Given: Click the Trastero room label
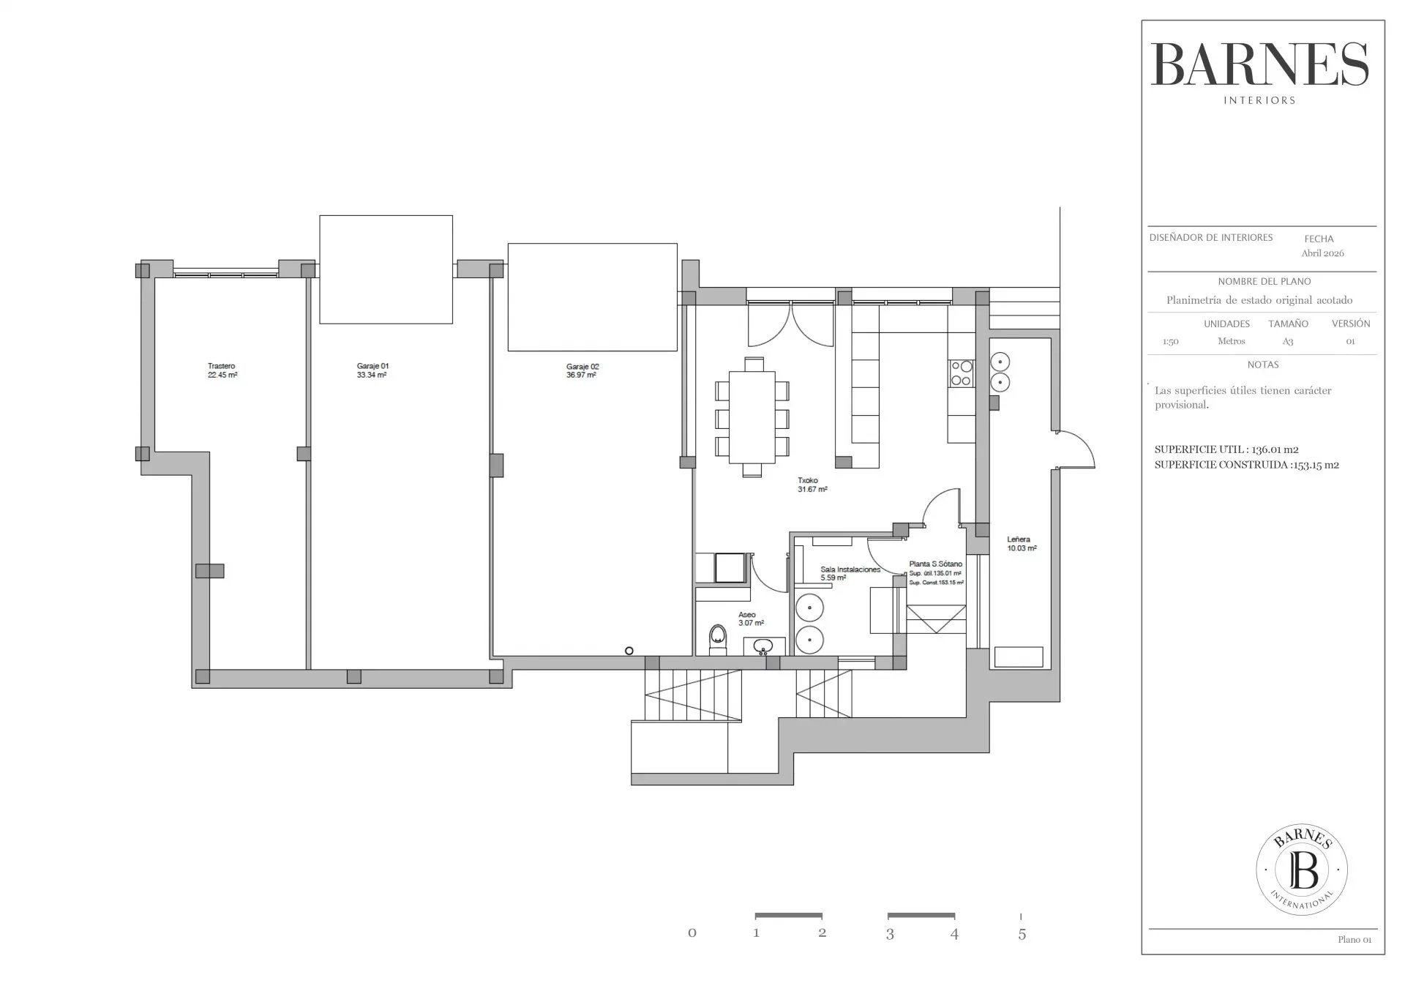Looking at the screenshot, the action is pos(221,366).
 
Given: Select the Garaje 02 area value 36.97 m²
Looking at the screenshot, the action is pos(581,375).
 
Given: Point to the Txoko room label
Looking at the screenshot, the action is pos(806,481).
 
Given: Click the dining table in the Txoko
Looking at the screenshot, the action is pos(752,417).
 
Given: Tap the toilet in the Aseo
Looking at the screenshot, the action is pos(718,639).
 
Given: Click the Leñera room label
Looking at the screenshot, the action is pos(1018,539).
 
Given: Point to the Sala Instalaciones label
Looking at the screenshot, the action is pos(850,569).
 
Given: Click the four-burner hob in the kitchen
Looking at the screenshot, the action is pos(961,373).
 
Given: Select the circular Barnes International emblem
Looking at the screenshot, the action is pos(1302,870).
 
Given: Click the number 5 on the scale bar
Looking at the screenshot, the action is pos(1022,934).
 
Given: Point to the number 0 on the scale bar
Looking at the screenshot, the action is pos(692,933).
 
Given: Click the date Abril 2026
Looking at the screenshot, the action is pos(1322,253).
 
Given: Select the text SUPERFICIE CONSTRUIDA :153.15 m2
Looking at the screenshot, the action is pos(1246,465).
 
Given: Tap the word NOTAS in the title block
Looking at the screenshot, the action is pos(1263,365).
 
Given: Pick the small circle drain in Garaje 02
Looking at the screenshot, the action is pos(629,651).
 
